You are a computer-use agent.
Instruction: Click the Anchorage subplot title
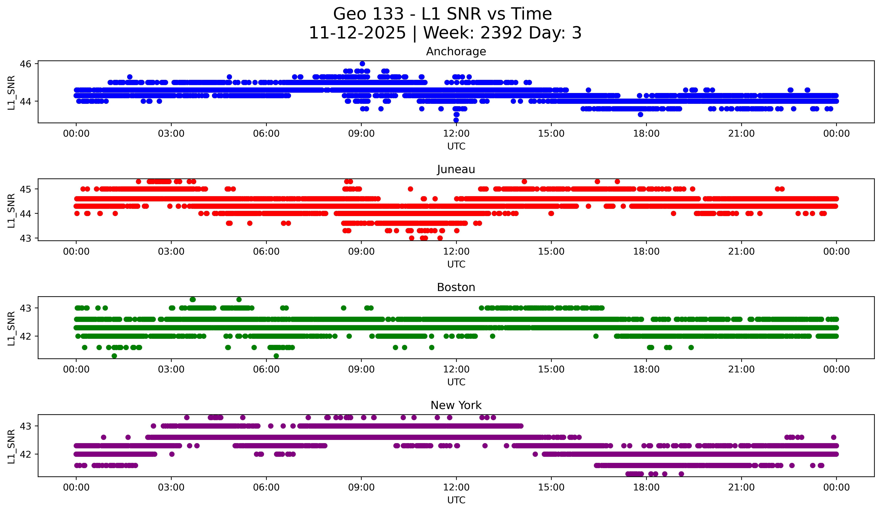(456, 51)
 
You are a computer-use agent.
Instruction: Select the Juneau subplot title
(456, 169)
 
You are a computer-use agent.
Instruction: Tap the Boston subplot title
(456, 287)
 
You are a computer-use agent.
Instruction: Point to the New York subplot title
(456, 405)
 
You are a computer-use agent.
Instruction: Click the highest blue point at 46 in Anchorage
(362, 64)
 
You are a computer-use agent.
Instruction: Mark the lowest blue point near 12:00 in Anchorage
(456, 120)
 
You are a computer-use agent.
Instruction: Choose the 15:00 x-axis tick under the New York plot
(551, 487)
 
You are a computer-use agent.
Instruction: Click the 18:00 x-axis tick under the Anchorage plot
(646, 133)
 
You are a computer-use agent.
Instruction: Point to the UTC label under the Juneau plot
(456, 264)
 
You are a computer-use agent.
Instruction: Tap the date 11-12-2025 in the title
(357, 33)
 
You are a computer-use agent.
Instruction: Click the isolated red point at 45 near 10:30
(410, 189)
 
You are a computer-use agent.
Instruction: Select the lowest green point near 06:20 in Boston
(276, 356)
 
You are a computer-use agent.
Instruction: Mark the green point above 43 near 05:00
(239, 300)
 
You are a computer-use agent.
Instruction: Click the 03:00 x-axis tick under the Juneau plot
(171, 251)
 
